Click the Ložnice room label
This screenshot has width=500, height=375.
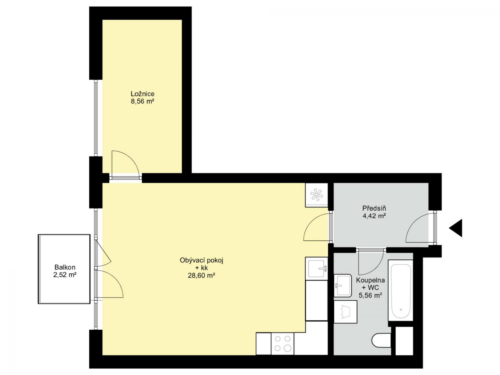click(142, 94)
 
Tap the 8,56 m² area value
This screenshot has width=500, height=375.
click(142, 101)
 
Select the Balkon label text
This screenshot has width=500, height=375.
click(65, 267)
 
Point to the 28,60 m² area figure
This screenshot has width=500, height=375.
click(202, 276)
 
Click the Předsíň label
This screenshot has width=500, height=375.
click(374, 208)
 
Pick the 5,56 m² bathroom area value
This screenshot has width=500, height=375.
click(370, 295)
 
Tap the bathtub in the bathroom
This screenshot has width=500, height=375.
click(401, 291)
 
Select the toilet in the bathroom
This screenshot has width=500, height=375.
click(381, 341)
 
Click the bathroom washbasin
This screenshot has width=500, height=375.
click(343, 286)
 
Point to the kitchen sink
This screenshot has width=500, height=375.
click(317, 269)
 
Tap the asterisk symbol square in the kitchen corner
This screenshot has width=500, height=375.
click(317, 195)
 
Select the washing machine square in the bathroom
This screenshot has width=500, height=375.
click(345, 312)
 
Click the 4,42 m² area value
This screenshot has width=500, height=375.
click(374, 216)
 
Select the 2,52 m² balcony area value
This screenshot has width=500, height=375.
click(65, 275)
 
